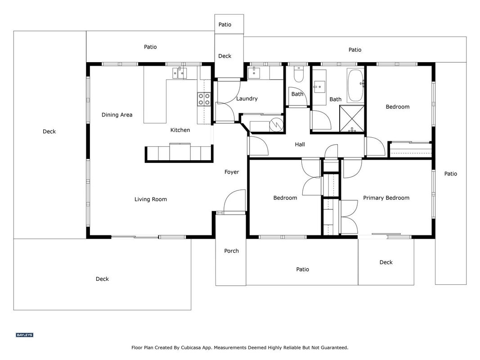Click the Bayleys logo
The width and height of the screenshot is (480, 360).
[24, 335]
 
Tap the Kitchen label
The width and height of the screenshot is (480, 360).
[180, 130]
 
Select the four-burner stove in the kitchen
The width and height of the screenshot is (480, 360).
[204, 99]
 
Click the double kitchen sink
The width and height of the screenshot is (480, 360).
[179, 73]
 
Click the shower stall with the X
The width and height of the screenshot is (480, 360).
[352, 118]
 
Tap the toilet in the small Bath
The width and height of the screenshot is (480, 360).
[298, 74]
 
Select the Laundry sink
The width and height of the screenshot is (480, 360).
[254, 73]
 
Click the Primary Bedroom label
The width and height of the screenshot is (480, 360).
[386, 198]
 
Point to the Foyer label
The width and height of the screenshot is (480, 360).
[232, 172]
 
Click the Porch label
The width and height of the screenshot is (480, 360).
[231, 251]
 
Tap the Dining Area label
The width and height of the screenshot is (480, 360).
[117, 115]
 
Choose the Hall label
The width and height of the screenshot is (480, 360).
[300, 144]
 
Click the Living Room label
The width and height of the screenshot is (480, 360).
[151, 199]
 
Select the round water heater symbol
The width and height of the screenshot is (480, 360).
[276, 125]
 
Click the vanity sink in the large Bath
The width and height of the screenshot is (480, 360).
[320, 87]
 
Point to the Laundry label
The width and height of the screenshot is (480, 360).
[247, 99]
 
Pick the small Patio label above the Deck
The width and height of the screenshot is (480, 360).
[224, 24]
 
